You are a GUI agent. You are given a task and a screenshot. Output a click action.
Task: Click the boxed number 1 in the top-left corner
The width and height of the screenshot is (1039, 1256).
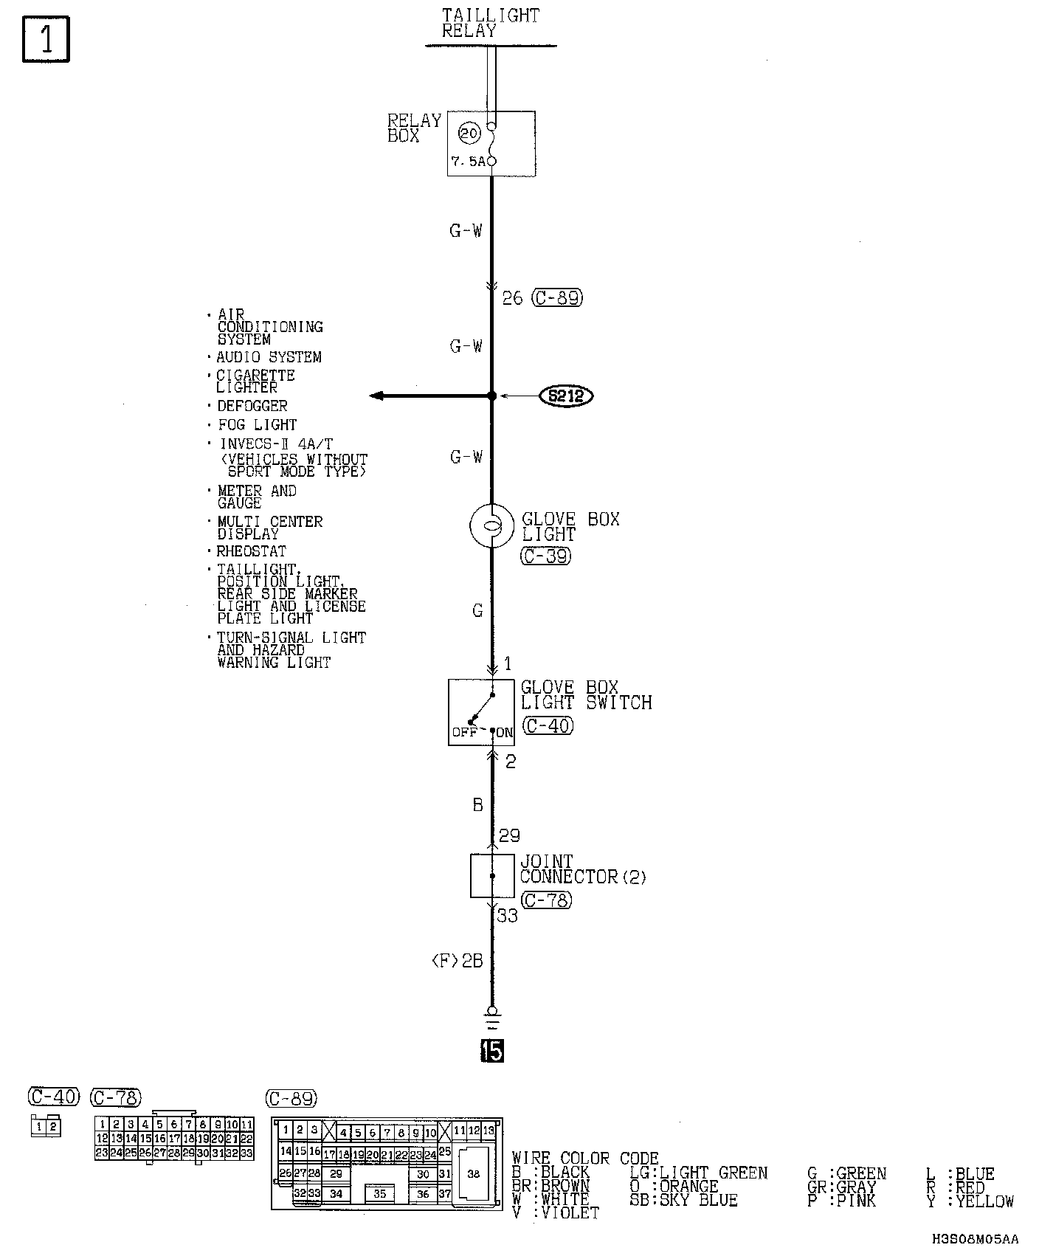tap(46, 39)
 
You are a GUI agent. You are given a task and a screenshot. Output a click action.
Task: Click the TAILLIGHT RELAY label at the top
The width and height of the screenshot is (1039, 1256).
tap(490, 23)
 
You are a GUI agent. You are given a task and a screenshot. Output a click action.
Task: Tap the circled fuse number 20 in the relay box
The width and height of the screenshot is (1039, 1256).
tap(469, 134)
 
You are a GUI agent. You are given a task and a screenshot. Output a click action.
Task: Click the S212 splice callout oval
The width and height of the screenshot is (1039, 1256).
tap(567, 396)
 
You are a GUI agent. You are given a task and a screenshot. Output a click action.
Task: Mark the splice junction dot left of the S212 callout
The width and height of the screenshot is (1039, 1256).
tap(492, 396)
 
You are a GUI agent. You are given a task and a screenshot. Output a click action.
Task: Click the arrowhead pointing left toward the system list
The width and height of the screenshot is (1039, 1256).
tap(377, 396)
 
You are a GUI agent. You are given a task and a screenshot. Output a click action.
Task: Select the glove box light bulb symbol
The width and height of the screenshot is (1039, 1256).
tap(491, 525)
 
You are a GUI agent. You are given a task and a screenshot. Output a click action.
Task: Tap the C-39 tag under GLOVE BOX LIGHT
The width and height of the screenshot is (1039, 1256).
tap(546, 556)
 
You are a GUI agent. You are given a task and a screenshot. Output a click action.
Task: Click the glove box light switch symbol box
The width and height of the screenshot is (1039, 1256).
tap(481, 712)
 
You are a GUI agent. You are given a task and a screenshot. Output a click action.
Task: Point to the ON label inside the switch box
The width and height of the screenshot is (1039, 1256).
tap(505, 733)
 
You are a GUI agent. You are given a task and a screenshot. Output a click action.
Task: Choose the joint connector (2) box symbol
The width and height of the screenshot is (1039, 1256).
tap(492, 876)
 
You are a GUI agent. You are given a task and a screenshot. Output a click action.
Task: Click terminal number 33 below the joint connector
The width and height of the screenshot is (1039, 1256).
tap(507, 916)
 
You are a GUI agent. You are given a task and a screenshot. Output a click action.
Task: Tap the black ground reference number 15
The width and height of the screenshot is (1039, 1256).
tap(491, 1050)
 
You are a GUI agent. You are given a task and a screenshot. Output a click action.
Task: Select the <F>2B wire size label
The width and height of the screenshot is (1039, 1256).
tap(457, 961)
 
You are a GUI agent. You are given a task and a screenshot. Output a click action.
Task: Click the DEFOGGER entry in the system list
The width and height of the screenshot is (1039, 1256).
tap(252, 406)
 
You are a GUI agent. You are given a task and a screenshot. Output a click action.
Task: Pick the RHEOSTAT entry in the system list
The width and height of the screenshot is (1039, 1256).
tap(251, 551)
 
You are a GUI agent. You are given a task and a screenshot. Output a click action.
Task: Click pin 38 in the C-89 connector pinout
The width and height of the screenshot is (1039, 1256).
tap(473, 1174)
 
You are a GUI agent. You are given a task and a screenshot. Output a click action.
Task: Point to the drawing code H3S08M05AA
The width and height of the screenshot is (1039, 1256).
tap(974, 1240)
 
